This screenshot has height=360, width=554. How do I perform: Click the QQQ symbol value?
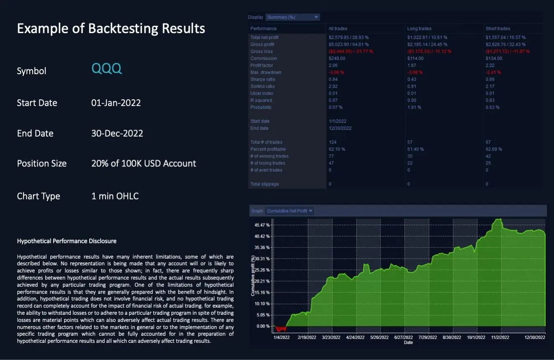(107, 69)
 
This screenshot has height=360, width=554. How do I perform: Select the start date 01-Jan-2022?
(116, 103)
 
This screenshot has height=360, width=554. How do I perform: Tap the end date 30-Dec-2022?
(117, 133)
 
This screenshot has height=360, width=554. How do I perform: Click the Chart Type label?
(39, 196)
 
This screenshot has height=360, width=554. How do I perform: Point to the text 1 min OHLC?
(115, 196)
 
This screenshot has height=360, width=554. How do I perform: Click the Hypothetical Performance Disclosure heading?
(67, 241)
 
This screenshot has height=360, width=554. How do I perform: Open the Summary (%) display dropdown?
(293, 17)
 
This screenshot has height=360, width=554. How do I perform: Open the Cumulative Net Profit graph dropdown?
(290, 211)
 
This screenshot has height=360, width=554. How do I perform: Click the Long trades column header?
(419, 28)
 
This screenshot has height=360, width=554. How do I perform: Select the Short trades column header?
(497, 28)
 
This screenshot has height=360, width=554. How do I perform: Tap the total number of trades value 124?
(333, 142)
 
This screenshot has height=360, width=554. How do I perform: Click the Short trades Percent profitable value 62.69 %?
(494, 149)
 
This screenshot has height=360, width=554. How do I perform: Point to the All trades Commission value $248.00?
(337, 58)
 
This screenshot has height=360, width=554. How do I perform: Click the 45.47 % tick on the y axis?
(262, 225)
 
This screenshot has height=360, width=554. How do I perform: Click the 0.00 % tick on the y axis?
(263, 326)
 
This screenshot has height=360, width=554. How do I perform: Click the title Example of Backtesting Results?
(111, 28)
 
